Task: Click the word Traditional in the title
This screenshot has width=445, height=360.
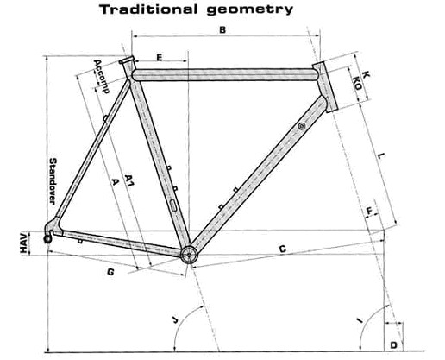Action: tap(148, 9)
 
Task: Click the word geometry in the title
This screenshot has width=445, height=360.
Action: tap(250, 10)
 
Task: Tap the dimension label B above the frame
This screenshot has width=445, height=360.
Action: tap(222, 29)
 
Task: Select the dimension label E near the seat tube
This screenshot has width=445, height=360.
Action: tap(160, 57)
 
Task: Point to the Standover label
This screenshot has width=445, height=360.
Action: tap(53, 181)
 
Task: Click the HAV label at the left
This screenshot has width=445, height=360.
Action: tap(25, 243)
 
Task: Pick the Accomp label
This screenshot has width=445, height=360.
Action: tap(102, 76)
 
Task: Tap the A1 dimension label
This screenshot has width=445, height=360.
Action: tap(129, 180)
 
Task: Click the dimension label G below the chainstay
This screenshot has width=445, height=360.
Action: tap(110, 272)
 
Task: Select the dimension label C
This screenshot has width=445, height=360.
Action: tap(283, 249)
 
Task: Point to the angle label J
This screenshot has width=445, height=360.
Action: tap(175, 319)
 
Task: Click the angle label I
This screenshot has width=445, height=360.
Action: tap(359, 320)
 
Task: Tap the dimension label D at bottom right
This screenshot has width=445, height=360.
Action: tap(394, 345)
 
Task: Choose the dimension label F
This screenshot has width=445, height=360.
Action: tap(370, 212)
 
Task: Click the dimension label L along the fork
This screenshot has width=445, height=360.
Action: tap(381, 156)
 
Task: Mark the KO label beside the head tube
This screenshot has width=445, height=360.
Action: tap(357, 83)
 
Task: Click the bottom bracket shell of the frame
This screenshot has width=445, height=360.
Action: tap(189, 255)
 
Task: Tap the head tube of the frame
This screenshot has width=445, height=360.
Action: tap(324, 87)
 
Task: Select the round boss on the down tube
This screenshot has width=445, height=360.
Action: tap(301, 126)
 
